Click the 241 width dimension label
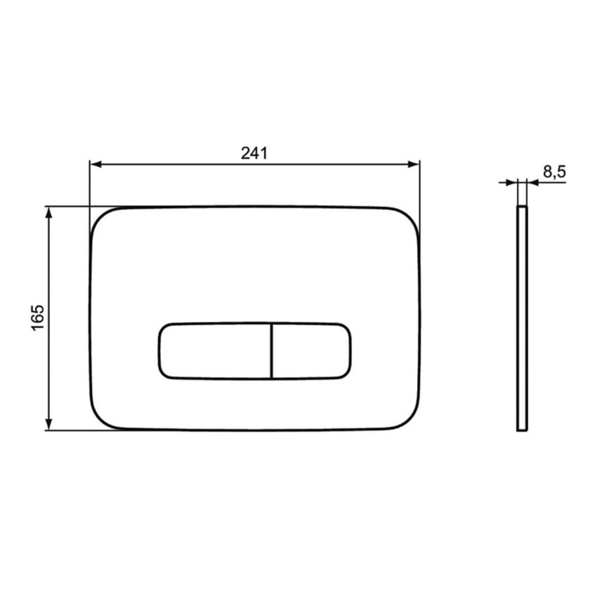(x=254, y=153)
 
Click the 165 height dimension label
(x=38, y=318)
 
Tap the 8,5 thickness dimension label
(x=554, y=172)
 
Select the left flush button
(x=215, y=351)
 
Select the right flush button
(x=311, y=351)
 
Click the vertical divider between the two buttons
(x=272, y=351)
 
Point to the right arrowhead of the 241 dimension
(x=413, y=165)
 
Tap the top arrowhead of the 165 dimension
(x=49, y=213)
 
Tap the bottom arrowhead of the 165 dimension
(x=49, y=424)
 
